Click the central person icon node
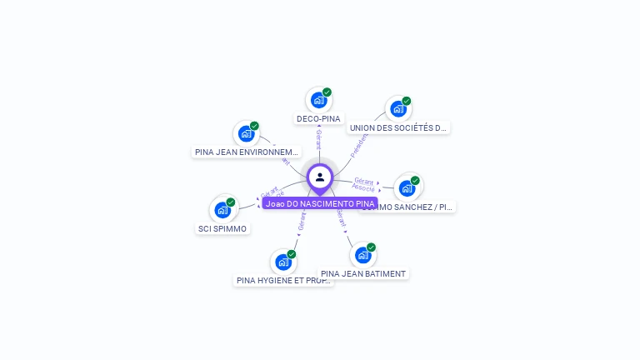pyautogui.click(x=320, y=177)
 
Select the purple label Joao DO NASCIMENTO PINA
pyautogui.click(x=320, y=203)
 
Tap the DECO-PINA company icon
pyautogui.click(x=317, y=100)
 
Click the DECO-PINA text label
pyautogui.click(x=318, y=118)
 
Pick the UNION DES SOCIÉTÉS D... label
pyautogui.click(x=399, y=127)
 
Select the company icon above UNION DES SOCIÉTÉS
pyautogui.click(x=397, y=109)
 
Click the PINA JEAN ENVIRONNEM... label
pyautogui.click(x=246, y=152)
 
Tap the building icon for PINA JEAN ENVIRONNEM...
pyautogui.click(x=246, y=133)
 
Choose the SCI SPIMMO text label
pyautogui.click(x=222, y=228)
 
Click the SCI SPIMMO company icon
pyautogui.click(x=222, y=209)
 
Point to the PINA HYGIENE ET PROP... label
pyautogui.click(x=284, y=280)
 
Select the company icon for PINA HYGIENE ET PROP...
pyautogui.click(x=283, y=262)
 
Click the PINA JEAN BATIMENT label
pyautogui.click(x=363, y=273)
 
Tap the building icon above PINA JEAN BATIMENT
pyautogui.click(x=362, y=255)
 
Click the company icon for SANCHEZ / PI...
pyautogui.click(x=407, y=187)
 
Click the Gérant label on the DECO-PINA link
pyautogui.click(x=318, y=139)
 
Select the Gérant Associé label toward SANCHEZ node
pyautogui.click(x=363, y=185)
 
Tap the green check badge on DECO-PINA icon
pyautogui.click(x=327, y=92)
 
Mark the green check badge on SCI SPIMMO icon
pyautogui.click(x=231, y=202)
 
